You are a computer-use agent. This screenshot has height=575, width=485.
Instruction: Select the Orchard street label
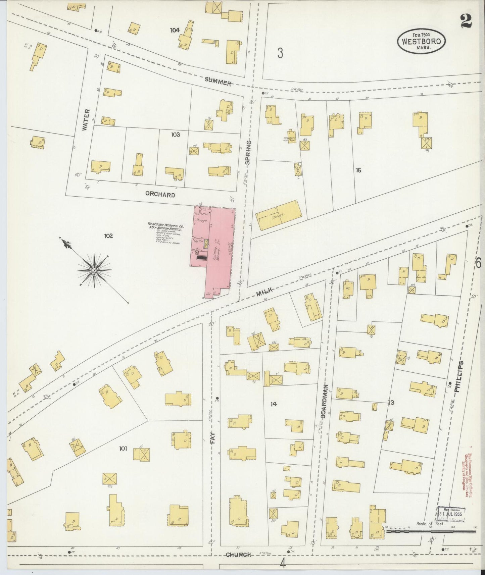click(x=160, y=195)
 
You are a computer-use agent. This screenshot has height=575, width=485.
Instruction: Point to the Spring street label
click(x=248, y=153)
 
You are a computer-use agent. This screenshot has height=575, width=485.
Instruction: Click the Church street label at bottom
click(x=238, y=555)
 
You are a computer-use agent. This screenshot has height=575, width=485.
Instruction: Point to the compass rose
click(x=94, y=270)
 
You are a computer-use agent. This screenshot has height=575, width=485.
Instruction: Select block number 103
click(x=175, y=135)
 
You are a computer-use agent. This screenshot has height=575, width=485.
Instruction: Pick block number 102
click(x=108, y=236)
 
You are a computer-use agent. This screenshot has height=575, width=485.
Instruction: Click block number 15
click(x=358, y=170)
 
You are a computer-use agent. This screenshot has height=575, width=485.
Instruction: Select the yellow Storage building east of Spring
click(x=279, y=215)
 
